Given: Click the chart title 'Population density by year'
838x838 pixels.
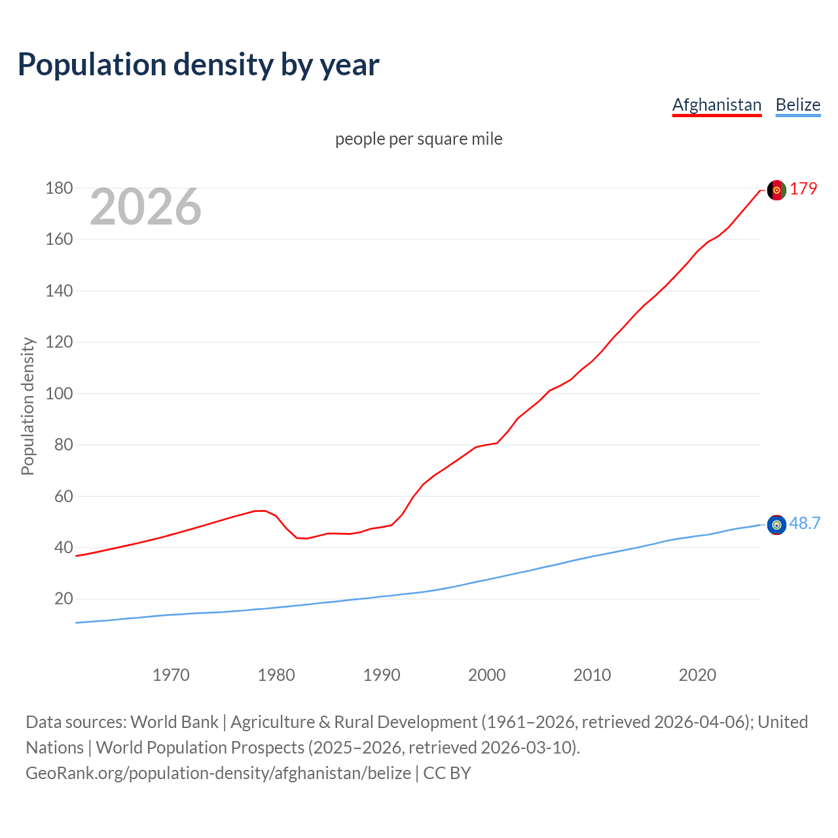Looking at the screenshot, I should [x=198, y=64].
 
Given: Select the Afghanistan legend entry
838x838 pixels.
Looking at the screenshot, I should [x=717, y=105].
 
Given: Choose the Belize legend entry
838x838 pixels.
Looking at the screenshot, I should [x=797, y=105].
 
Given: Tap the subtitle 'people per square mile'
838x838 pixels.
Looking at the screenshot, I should [x=419, y=139].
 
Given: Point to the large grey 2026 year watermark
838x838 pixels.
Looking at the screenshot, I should [x=145, y=207].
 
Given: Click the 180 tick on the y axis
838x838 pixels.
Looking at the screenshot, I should [x=59, y=189].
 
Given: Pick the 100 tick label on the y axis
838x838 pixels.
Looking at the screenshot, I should [x=59, y=393].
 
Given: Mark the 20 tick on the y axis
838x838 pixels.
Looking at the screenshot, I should [x=64, y=599].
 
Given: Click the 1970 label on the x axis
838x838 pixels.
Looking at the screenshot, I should [x=171, y=675].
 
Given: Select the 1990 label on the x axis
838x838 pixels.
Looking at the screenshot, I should [x=382, y=675].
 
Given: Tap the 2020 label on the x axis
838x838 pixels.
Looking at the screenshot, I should [x=697, y=675].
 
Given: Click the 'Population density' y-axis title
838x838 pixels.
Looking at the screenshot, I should [x=27, y=406].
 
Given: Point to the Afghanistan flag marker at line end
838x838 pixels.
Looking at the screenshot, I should [x=776, y=190].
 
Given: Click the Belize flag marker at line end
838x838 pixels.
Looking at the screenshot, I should [x=776, y=524].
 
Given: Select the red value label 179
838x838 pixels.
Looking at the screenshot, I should [x=803, y=189].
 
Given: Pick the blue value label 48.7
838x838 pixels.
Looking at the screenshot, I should [x=805, y=523].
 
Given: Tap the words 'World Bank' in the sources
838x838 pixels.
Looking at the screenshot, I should [x=174, y=721].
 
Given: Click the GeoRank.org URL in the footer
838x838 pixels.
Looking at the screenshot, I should [x=218, y=773].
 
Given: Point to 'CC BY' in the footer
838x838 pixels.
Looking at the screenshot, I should [x=447, y=773].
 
